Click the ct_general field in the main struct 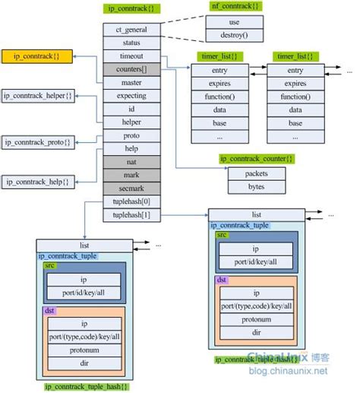click(x=131, y=30)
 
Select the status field click(x=131, y=43)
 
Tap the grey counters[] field click(x=131, y=69)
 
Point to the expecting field click(x=131, y=96)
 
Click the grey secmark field click(x=131, y=189)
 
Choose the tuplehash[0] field click(x=131, y=201)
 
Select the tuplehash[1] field click(x=131, y=215)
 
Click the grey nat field click(x=131, y=162)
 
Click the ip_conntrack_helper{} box click(x=37, y=95)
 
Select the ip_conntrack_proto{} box click(x=37, y=141)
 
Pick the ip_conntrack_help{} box click(x=37, y=182)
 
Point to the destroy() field click(x=234, y=34)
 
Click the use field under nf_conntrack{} click(x=234, y=21)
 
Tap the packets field click(x=256, y=173)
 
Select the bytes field click(x=256, y=185)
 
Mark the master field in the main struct click(x=131, y=82)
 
